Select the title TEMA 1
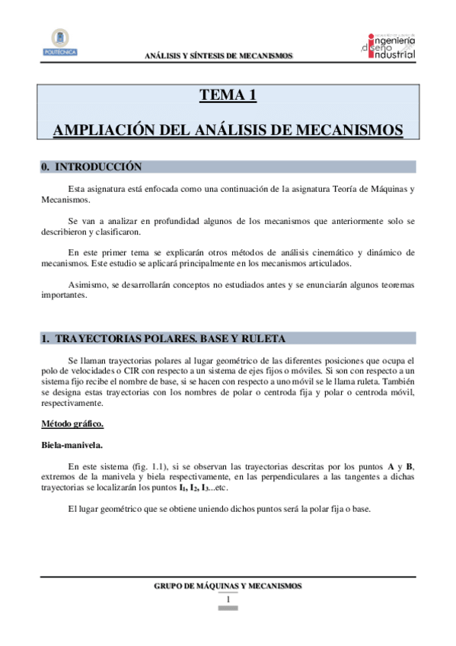228,95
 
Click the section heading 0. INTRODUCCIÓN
91,166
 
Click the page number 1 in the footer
228,600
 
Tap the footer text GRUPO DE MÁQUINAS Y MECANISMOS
228,585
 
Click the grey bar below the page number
228,609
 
